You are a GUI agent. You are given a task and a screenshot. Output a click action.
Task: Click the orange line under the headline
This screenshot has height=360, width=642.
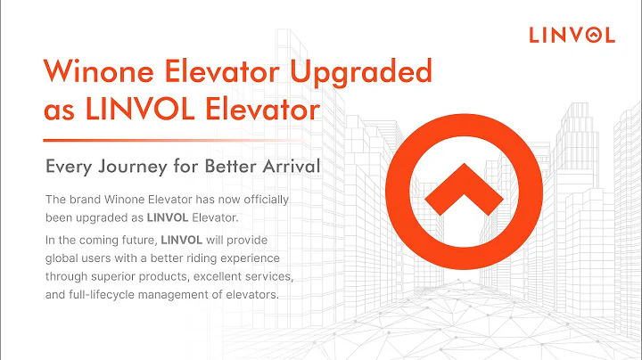pyautogui.click(x=178, y=140)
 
